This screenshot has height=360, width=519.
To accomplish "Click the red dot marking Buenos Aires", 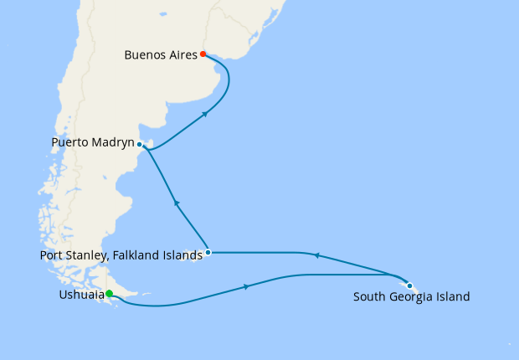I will [x=203, y=54].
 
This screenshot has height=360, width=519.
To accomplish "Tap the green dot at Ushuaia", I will [x=109, y=293].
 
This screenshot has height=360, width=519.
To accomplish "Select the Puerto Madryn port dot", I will [x=139, y=144].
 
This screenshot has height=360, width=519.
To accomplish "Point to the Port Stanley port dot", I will [x=208, y=252].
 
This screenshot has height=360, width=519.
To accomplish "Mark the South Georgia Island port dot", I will [x=409, y=285].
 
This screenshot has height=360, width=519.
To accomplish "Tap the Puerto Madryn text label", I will [x=92, y=143].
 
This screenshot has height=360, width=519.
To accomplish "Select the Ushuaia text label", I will [x=82, y=296].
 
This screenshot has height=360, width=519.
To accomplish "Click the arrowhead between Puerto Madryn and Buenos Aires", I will [x=206, y=114].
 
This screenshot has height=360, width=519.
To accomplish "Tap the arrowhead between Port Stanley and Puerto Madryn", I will [x=176, y=203].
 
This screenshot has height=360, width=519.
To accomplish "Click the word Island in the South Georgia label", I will [x=452, y=296].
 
